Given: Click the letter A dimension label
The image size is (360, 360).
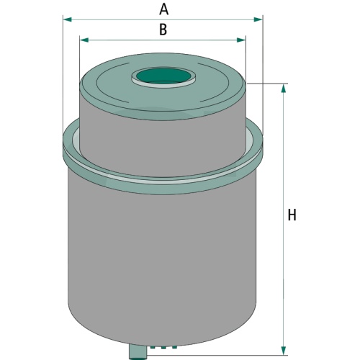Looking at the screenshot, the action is pos(163,10).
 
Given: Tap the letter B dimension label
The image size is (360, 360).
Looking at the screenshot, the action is pos(163,30).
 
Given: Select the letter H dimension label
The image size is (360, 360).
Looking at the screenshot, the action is pos(292,215).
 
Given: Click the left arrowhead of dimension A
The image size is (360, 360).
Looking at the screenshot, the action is pos(67,19).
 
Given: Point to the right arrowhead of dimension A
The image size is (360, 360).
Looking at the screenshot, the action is pos(258,19).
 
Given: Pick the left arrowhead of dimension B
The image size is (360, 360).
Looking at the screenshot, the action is pos(84,40).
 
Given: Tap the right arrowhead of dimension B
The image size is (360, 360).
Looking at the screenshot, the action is pos(241,40).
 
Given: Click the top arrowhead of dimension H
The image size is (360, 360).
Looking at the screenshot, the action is pos(284,89).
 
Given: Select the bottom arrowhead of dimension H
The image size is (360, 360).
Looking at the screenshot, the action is pos(284,350).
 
